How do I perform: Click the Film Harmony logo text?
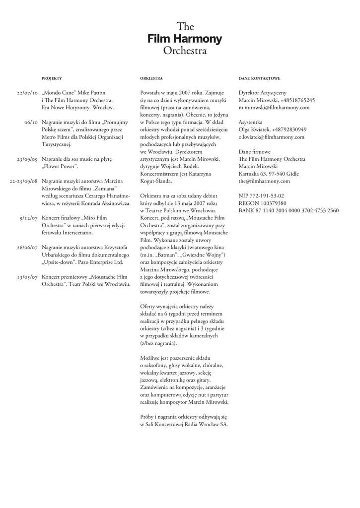(185, 39)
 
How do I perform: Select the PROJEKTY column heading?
(52, 79)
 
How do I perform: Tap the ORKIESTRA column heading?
(151, 79)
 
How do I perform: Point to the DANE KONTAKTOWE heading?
(259, 79)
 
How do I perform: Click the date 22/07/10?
(27, 93)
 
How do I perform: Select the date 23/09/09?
(27, 159)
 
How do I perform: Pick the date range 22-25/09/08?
(24, 181)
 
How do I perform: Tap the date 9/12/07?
(29, 218)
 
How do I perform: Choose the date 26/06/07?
(27, 248)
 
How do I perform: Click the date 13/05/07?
(27, 277)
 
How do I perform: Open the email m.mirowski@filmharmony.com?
(274, 107)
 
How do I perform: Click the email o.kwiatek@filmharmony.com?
(271, 137)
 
